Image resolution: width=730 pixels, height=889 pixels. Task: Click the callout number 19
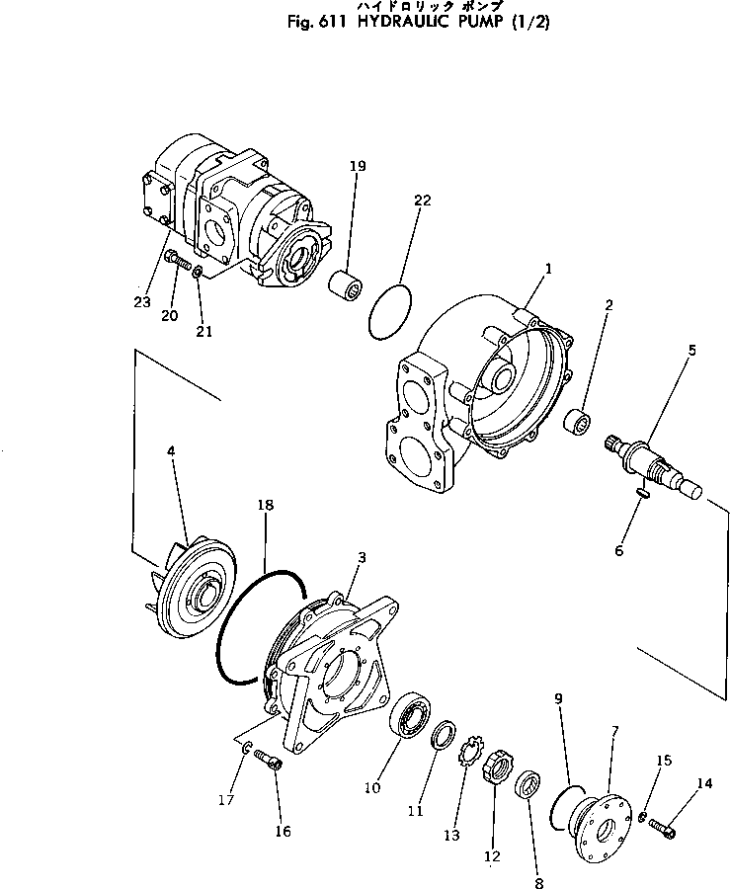[357, 166]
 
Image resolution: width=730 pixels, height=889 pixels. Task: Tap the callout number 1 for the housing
[548, 268]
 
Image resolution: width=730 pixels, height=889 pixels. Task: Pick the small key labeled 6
[640, 491]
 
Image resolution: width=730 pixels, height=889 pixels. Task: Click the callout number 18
[265, 505]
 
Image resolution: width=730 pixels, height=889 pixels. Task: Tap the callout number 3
[362, 558]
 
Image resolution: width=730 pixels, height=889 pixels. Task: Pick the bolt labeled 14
[664, 829]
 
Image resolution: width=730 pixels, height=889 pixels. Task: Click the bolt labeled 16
[268, 761]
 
